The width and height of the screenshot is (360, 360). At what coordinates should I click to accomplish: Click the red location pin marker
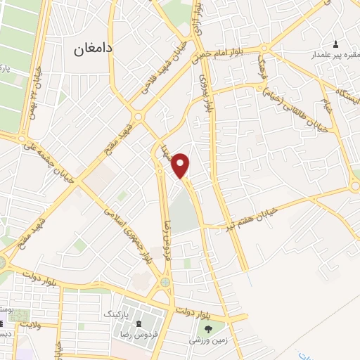coord(181,165)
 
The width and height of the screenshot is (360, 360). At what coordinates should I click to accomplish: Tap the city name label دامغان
coord(94,49)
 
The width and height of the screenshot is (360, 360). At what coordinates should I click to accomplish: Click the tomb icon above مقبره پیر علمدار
coord(335,43)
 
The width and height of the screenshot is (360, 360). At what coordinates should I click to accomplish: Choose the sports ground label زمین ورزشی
coord(205,340)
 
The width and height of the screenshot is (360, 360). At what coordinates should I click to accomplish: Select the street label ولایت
coord(30,325)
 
